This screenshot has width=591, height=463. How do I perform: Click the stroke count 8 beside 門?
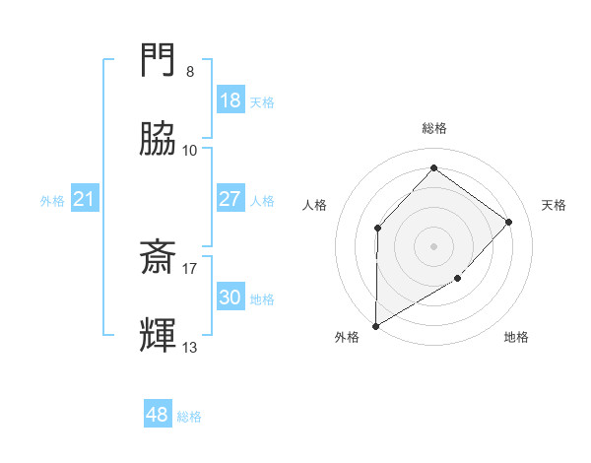189,72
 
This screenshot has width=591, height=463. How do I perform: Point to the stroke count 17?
190,267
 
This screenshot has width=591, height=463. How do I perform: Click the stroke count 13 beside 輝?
190,347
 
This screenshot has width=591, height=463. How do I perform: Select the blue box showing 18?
230,100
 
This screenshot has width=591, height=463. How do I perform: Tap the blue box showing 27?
230,199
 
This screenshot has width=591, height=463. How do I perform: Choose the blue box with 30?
230,298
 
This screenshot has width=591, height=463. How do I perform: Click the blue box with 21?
85,200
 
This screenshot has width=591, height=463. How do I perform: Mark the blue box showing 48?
158,415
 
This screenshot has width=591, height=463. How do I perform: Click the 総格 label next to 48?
189,417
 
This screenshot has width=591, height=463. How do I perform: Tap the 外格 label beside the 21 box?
52,201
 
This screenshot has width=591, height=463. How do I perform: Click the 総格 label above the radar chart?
433,128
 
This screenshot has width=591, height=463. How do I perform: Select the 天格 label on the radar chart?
554,205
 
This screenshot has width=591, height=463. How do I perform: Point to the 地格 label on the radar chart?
516,337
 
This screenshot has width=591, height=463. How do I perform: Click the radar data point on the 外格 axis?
375,325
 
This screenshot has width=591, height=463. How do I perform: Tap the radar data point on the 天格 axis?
509,222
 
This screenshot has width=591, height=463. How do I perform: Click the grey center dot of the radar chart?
433,245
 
